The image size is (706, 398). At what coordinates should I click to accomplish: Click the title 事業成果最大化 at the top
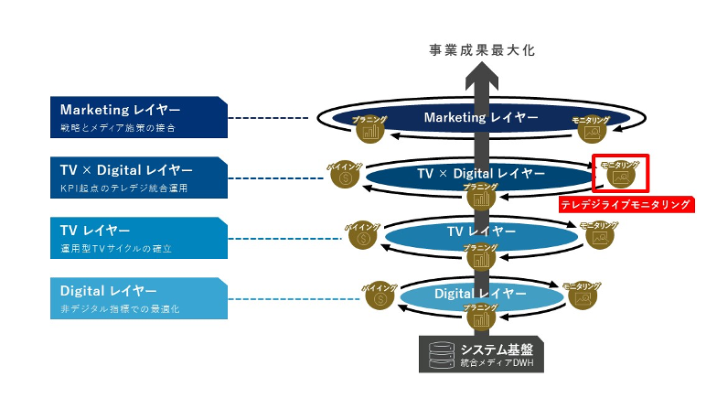481,51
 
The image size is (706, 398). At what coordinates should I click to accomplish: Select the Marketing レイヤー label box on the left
138,117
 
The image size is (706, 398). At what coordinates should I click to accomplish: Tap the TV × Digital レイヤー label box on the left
138,177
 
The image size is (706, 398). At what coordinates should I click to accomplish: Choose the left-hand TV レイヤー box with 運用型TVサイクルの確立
138,238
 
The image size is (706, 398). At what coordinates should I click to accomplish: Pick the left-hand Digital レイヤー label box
138,298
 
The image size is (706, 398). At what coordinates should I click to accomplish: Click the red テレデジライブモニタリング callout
626,205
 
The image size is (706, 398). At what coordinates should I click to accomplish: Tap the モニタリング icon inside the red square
621,173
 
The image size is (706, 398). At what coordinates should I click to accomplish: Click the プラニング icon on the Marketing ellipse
370,129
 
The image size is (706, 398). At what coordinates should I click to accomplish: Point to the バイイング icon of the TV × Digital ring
345,175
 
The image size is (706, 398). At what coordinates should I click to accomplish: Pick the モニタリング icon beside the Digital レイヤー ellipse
581,296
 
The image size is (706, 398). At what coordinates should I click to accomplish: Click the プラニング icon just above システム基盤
480,317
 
